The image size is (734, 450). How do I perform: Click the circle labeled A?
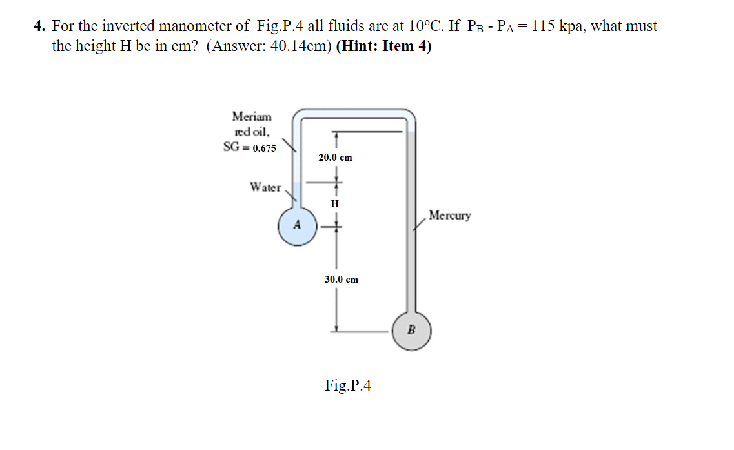click(297, 226)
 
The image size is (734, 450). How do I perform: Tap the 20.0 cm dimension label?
click(335, 158)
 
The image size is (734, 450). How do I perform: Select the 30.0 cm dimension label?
click(341, 280)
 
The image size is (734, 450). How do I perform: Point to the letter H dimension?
click(334, 203)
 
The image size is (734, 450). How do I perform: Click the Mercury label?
click(449, 215)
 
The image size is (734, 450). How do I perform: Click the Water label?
click(265, 187)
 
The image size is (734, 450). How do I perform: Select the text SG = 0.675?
click(249, 147)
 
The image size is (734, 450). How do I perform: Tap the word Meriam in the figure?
click(252, 117)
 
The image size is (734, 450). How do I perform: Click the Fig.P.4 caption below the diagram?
click(348, 385)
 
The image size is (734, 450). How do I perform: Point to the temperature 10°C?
click(424, 26)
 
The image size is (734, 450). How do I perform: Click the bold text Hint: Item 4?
click(383, 47)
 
